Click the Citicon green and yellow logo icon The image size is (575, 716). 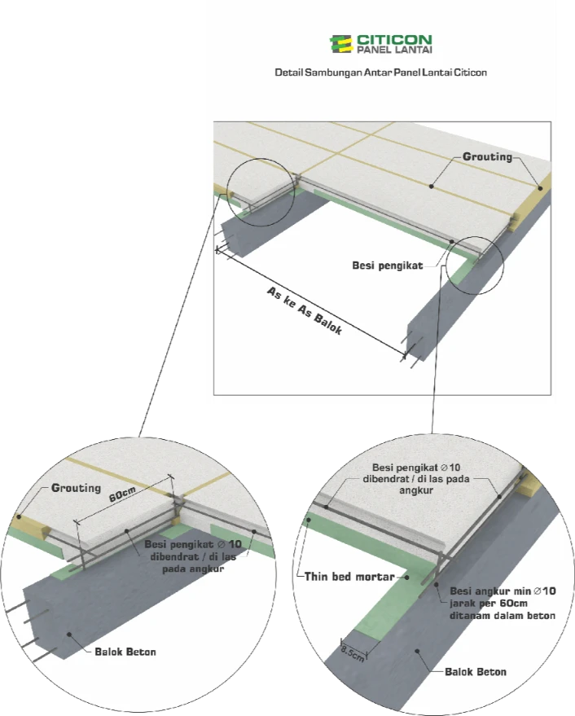tap(340, 44)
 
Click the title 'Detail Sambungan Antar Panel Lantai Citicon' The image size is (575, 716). tap(380, 72)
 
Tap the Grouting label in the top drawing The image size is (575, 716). tap(487, 156)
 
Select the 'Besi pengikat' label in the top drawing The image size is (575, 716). tap(388, 266)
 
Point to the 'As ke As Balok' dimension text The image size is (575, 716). tap(304, 310)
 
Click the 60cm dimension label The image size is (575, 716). tap(122, 494)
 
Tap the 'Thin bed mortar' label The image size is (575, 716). tap(349, 577)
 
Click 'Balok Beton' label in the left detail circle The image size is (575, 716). tap(125, 652)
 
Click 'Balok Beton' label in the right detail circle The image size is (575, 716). tap(476, 672)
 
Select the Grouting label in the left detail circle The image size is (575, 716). tap(76, 488)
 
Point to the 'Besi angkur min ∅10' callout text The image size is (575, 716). tap(503, 591)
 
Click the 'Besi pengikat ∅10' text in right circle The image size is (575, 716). tap(416, 467)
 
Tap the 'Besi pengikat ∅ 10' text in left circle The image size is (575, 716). tap(193, 544)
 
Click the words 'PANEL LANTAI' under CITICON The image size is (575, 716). tap(394, 50)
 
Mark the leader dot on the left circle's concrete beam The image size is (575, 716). tap(69, 635)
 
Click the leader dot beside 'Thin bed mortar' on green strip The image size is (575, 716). tap(407, 578)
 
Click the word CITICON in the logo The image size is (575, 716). tap(394, 40)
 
